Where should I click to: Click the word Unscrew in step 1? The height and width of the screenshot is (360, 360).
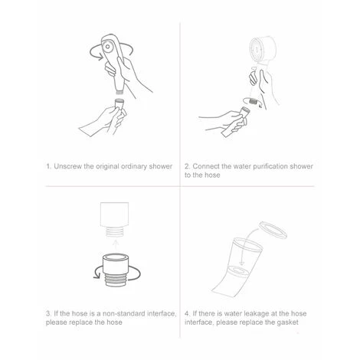pyautogui.click(x=68, y=166)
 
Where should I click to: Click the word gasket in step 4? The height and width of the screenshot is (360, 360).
pyautogui.click(x=288, y=322)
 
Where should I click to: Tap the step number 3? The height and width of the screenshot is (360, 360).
pyautogui.click(x=48, y=313)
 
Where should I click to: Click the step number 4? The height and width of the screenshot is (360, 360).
pyautogui.click(x=188, y=313)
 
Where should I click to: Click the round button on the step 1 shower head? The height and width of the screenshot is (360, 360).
pyautogui.click(x=107, y=47)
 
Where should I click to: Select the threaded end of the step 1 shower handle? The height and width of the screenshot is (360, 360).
pyautogui.click(x=119, y=90)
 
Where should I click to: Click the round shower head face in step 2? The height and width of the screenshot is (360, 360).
pyautogui.click(x=256, y=48)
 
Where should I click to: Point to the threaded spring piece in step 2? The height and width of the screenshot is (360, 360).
pyautogui.click(x=253, y=101)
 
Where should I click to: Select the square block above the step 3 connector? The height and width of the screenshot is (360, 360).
pyautogui.click(x=114, y=214)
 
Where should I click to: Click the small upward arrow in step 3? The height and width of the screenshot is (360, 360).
pyautogui.click(x=116, y=244)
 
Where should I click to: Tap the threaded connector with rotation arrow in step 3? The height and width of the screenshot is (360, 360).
pyautogui.click(x=116, y=270)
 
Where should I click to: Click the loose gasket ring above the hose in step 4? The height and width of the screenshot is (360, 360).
pyautogui.click(x=273, y=231)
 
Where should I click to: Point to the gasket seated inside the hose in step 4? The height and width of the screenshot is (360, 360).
pyautogui.click(x=239, y=270)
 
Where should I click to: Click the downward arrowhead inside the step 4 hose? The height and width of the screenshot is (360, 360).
pyautogui.click(x=241, y=263)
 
